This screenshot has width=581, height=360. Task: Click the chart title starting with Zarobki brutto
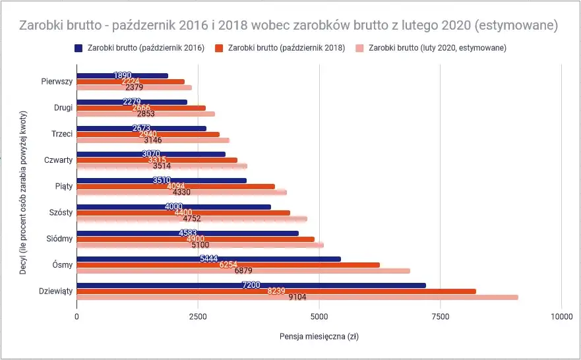pyautogui.click(x=290, y=26)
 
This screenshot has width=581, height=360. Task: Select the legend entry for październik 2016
pyautogui.click(x=139, y=48)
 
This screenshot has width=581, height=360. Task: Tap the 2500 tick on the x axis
pyautogui.click(x=198, y=316)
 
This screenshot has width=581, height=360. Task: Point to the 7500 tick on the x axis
pyautogui.click(x=440, y=316)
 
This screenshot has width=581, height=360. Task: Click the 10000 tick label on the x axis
pyautogui.click(x=561, y=316)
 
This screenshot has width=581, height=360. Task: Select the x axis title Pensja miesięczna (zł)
pyautogui.click(x=319, y=336)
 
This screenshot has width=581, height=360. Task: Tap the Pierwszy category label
pyautogui.click(x=57, y=82)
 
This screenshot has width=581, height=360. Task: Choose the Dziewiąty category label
pyautogui.click(x=55, y=291)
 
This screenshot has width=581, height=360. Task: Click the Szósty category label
pyautogui.click(x=61, y=212)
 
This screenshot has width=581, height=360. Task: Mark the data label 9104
pyautogui.click(x=298, y=297)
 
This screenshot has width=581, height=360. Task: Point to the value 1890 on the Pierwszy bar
pyautogui.click(x=123, y=76)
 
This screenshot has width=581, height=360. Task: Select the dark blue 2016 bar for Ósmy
pyautogui.click(x=264, y=259)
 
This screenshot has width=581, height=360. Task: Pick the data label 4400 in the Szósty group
pyautogui.click(x=183, y=213)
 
